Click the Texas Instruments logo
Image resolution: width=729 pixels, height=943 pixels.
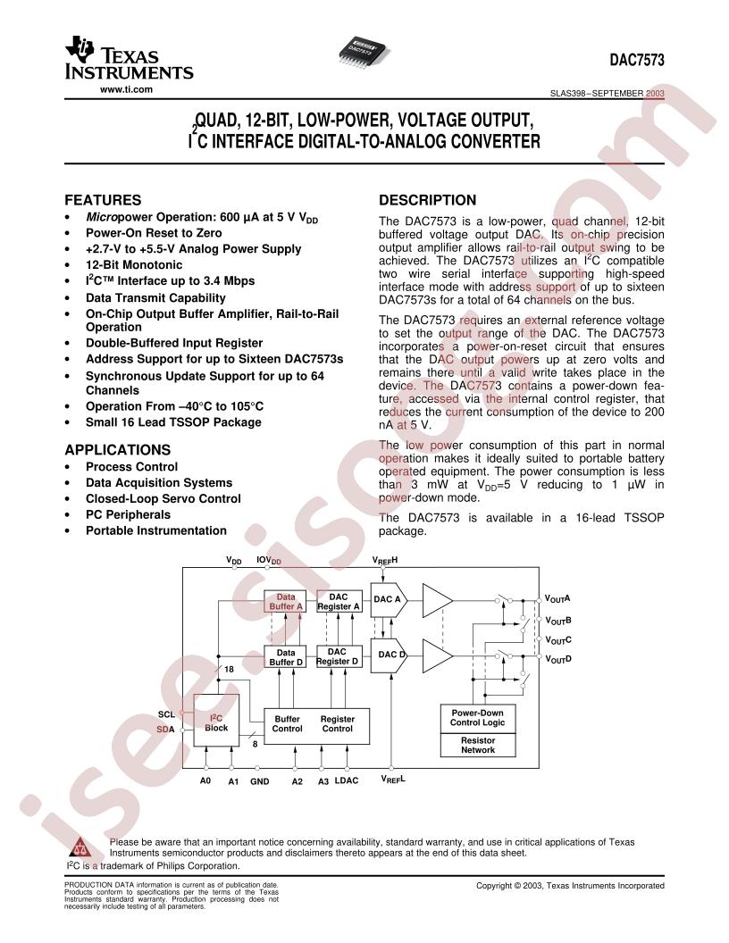pyautogui.click(x=129, y=58)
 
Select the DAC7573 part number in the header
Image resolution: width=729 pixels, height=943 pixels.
pyautogui.click(x=637, y=60)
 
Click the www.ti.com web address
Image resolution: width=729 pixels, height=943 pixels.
pyautogui.click(x=126, y=89)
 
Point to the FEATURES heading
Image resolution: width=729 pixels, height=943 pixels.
pyautogui.click(x=103, y=200)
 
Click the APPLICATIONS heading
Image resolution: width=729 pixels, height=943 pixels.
pyautogui.click(x=117, y=450)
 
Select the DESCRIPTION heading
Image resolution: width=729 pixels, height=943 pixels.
pyautogui.click(x=427, y=200)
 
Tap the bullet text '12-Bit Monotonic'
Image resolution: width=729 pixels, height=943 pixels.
pyautogui.click(x=133, y=265)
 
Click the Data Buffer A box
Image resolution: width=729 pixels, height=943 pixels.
pyautogui.click(x=286, y=601)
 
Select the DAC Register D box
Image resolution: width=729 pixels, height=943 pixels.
pyautogui.click(x=337, y=656)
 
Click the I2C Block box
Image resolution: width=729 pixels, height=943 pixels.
pyautogui.click(x=216, y=721)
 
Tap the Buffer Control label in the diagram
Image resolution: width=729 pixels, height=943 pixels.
pyautogui.click(x=287, y=723)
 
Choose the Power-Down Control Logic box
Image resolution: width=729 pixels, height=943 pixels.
pyautogui.click(x=478, y=718)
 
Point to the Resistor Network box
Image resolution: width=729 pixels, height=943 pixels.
pyautogui.click(x=478, y=745)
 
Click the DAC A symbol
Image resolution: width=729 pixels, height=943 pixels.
pyautogui.click(x=389, y=599)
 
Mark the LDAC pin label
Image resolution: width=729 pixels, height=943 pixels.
pyautogui.click(x=346, y=780)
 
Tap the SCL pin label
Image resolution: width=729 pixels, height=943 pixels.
pyautogui.click(x=166, y=714)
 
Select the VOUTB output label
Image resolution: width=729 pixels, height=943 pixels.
pyautogui.click(x=557, y=621)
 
